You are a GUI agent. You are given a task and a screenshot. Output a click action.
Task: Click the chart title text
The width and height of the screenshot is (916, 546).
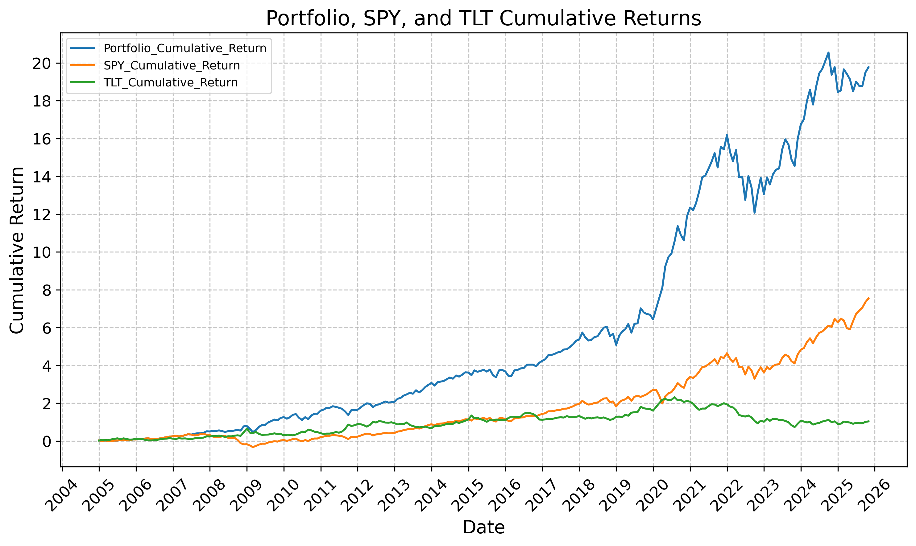click(x=483, y=19)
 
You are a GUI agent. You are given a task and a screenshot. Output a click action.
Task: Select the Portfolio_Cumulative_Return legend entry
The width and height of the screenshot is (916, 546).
click(x=184, y=48)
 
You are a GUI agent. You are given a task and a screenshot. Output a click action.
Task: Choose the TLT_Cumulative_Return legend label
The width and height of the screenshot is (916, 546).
click(x=171, y=82)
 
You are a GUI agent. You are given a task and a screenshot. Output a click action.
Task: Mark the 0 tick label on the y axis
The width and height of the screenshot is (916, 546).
click(x=47, y=441)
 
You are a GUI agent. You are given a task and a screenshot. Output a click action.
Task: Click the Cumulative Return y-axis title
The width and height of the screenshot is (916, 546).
click(x=17, y=250)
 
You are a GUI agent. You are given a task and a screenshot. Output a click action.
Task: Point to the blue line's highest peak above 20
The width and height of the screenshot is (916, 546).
click(x=828, y=52)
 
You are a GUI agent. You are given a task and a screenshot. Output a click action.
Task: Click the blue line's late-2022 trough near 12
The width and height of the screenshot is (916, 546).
click(x=755, y=213)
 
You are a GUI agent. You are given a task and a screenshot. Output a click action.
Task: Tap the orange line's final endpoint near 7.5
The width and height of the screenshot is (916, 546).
click(x=868, y=298)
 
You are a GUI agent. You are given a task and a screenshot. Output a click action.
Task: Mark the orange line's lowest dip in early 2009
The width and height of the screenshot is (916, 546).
click(x=253, y=447)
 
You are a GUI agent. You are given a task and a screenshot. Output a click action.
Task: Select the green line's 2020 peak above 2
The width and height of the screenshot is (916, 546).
click(x=674, y=397)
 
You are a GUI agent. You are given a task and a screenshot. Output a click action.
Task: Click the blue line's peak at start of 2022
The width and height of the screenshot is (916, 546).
click(x=727, y=135)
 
